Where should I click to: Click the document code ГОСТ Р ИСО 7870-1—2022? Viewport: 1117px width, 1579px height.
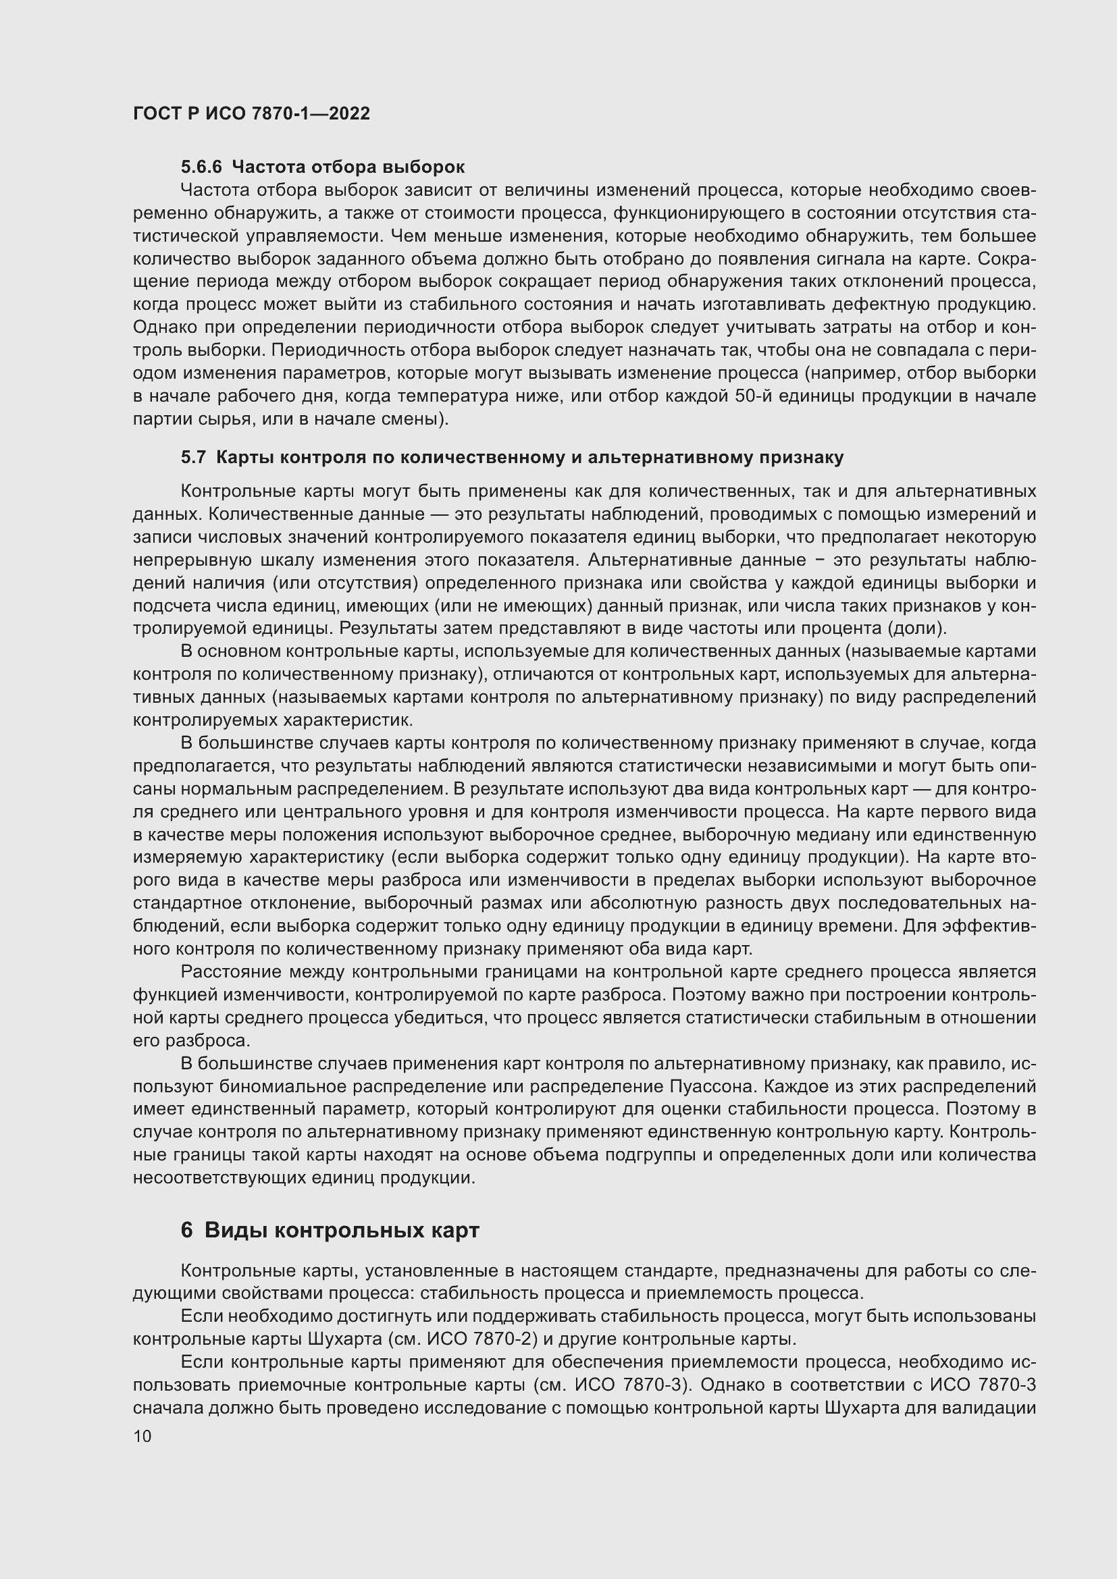(x=251, y=113)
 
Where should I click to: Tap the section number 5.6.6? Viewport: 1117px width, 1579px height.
(x=201, y=167)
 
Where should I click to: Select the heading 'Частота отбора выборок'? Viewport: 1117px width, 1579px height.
(x=348, y=167)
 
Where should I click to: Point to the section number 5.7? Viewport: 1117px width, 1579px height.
(x=193, y=457)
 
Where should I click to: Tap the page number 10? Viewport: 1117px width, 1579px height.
(x=142, y=1436)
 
